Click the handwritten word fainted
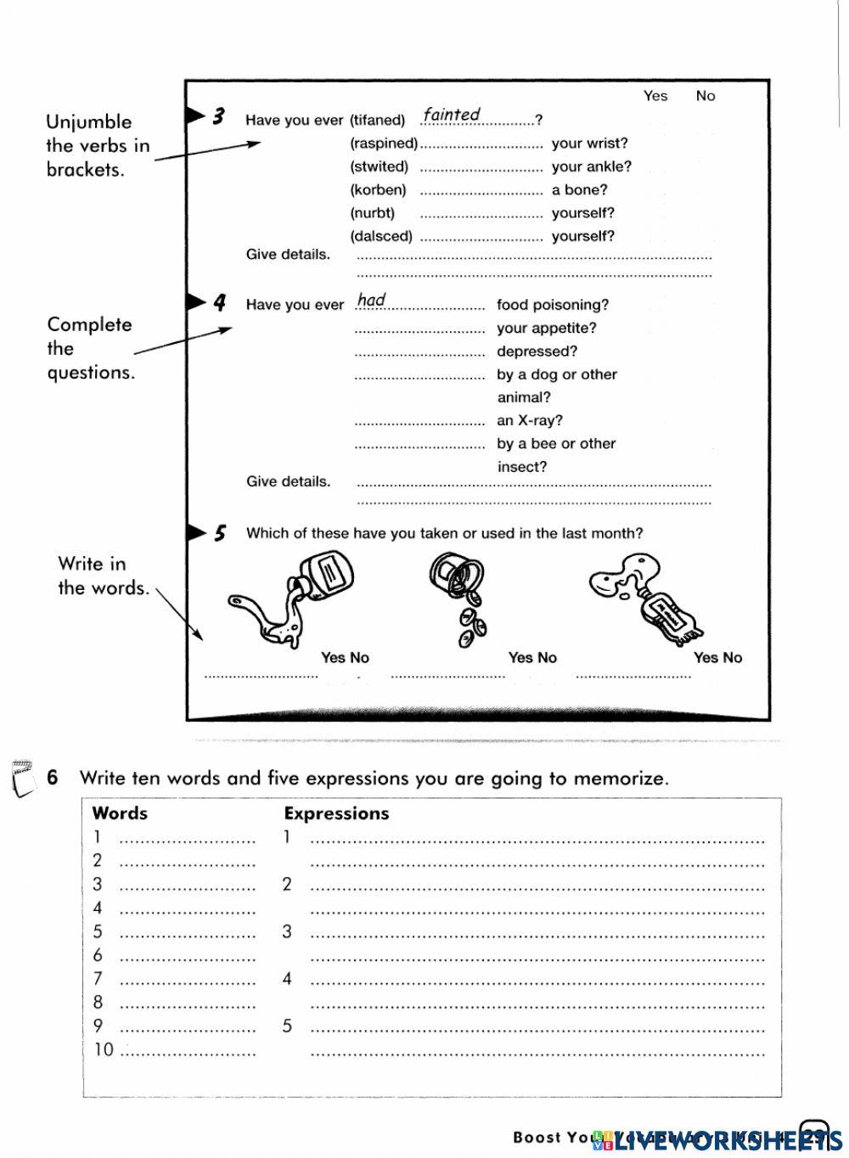tap(452, 115)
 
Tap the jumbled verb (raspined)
tap(384, 143)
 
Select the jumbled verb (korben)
tap(378, 190)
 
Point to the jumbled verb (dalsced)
tap(381, 236)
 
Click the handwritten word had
tap(372, 300)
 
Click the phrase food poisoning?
tap(553, 305)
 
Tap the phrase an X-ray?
tap(530, 420)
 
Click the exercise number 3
tap(218, 116)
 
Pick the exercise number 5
tap(220, 533)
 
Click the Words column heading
tap(120, 813)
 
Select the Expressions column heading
tap(336, 813)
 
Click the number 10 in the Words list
tap(103, 1050)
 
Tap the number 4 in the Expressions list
tap(287, 979)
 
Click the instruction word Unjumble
tap(89, 121)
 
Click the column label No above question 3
tap(706, 96)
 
